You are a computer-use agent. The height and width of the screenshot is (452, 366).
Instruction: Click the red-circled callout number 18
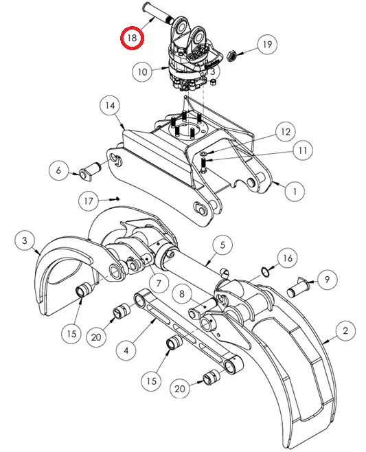click(131, 38)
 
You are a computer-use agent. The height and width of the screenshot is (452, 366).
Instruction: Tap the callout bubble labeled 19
click(268, 45)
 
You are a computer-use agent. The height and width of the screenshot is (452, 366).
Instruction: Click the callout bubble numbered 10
click(142, 71)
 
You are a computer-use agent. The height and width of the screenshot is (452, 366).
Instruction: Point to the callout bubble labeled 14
click(109, 106)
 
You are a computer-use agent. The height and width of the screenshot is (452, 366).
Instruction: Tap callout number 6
click(58, 170)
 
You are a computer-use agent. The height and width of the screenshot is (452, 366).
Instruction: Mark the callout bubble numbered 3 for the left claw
click(25, 240)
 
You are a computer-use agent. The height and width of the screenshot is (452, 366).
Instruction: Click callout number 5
click(222, 243)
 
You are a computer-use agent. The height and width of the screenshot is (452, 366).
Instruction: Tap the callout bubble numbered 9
click(328, 280)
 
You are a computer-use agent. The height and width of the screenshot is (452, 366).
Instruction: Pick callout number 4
click(126, 350)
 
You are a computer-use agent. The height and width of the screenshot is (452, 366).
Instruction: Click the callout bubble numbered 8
click(181, 294)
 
